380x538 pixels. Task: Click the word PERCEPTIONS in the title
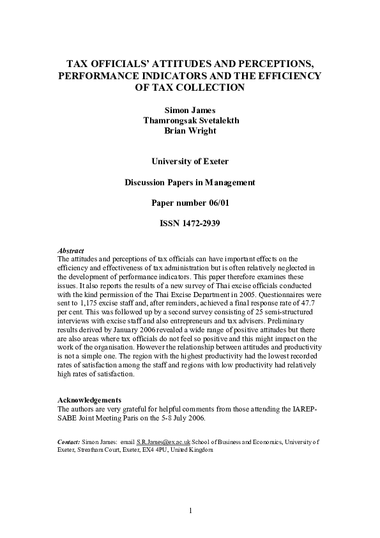pos(273,65)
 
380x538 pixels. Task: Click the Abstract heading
pos(71,250)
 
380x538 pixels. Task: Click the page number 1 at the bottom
pos(190,510)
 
